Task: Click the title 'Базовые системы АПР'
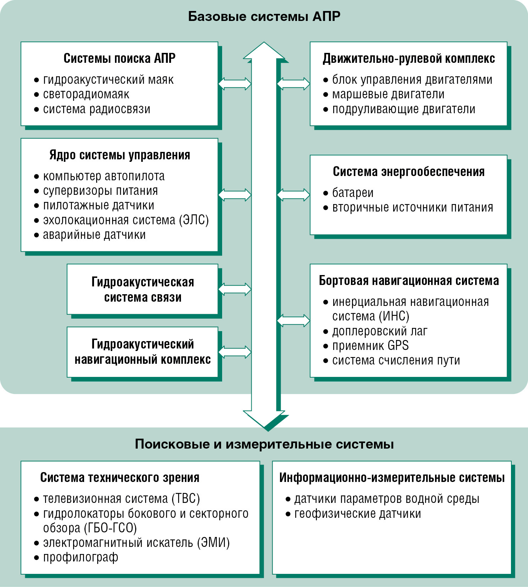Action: click(264, 16)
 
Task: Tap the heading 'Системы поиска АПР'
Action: click(120, 58)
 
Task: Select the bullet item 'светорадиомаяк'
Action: click(86, 94)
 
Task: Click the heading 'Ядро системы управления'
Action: click(120, 155)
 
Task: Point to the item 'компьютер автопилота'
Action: click(104, 176)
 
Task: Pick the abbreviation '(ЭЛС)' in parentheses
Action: click(194, 220)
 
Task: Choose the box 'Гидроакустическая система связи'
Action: click(143, 289)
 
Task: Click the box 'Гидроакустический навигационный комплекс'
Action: click(143, 352)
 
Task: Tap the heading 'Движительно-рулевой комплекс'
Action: click(409, 59)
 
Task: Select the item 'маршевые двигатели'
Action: click(388, 94)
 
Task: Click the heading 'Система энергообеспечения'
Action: click(409, 172)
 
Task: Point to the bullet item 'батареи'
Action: click(353, 193)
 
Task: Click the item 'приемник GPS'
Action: click(370, 346)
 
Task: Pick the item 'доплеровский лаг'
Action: click(380, 331)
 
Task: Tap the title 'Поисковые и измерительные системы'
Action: click(264, 444)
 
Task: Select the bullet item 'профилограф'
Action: click(81, 558)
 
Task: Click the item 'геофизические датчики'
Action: click(358, 514)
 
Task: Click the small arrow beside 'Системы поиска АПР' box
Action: click(235, 84)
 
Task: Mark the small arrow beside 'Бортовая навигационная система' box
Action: click(293, 320)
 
